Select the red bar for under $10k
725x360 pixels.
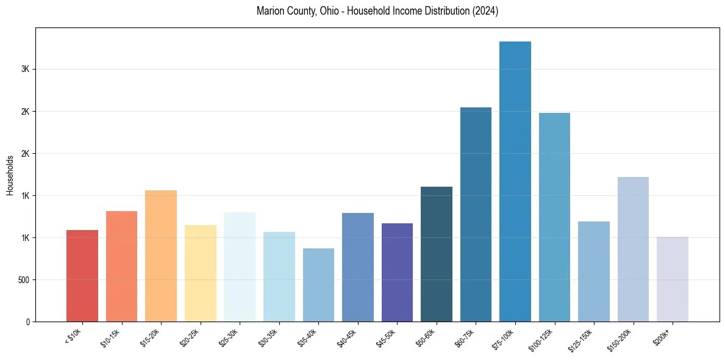82,276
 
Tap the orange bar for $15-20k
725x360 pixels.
161,256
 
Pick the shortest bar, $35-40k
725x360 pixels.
318,285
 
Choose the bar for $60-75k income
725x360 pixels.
476,214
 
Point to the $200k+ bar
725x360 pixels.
672,279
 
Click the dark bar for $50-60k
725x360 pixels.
437,254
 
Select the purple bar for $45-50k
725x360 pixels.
397,272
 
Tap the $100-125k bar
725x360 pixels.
554,217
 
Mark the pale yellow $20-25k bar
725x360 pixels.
201,273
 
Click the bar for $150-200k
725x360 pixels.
633,249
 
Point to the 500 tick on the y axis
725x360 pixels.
23,280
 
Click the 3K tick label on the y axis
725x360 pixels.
25,70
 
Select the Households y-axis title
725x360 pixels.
10,175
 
